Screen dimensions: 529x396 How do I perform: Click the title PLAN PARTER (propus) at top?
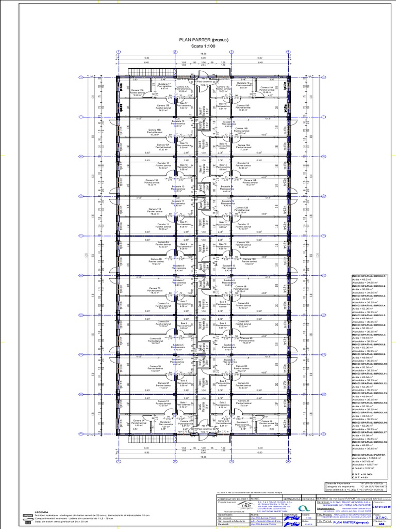pyautogui.click(x=198, y=39)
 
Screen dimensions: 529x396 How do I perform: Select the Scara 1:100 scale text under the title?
pyautogui.click(x=198, y=45)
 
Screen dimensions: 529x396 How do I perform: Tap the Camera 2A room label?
pyautogui.click(x=267, y=422)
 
